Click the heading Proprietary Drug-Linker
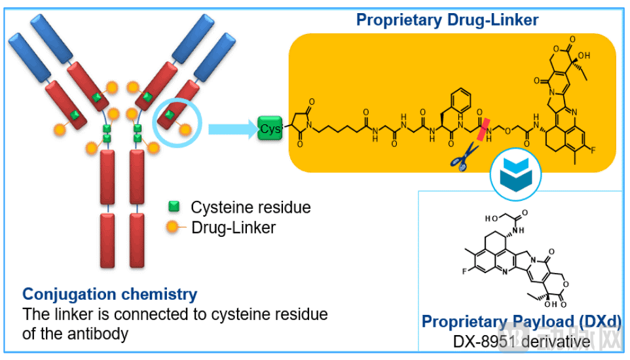447,20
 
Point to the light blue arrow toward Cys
232,128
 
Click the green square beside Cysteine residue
174,207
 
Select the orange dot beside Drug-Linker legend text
173,227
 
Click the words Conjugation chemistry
109,294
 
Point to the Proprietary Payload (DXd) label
521,321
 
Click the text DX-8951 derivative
521,342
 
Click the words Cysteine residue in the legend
251,207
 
